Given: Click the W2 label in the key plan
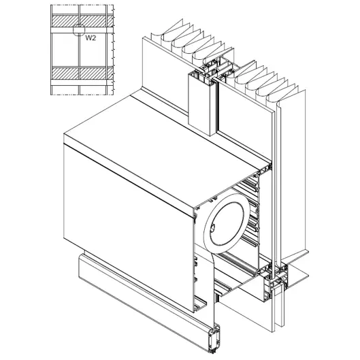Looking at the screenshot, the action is coord(91,38).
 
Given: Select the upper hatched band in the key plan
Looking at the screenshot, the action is coord(82,21).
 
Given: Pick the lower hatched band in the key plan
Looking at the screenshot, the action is coord(82,73).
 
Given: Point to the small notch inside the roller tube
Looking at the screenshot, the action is coord(212,228).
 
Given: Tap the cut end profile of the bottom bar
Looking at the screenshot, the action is coord(214,339).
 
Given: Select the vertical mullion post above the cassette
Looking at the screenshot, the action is coord(202,103).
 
